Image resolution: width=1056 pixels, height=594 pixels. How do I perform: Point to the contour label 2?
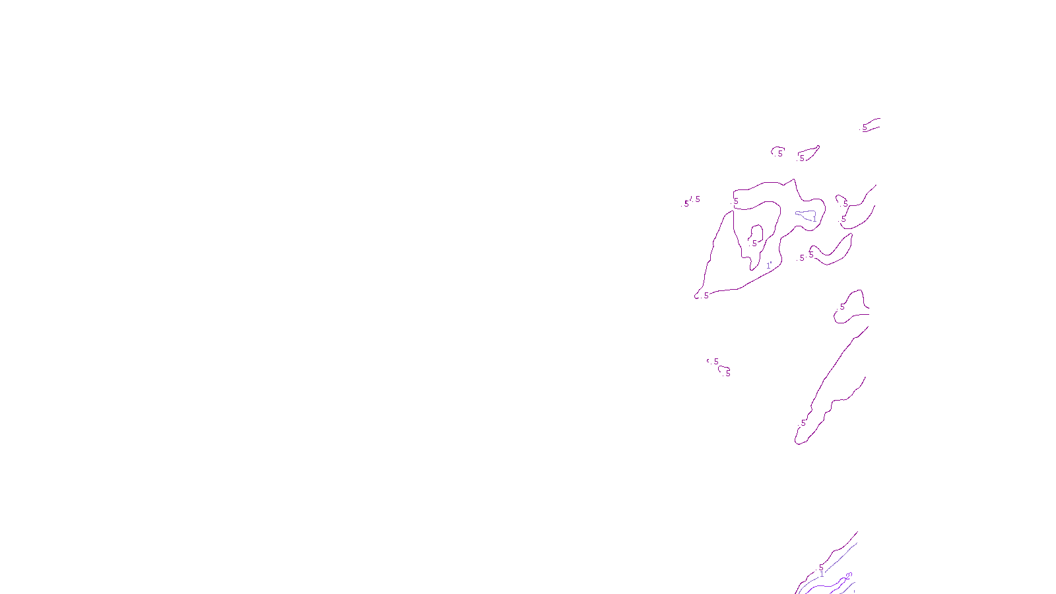[x=848, y=576]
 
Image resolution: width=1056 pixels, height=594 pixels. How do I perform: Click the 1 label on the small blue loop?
[x=814, y=218]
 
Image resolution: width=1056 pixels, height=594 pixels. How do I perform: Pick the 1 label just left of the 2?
[x=822, y=574]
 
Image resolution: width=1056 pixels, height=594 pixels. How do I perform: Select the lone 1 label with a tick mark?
[x=768, y=265]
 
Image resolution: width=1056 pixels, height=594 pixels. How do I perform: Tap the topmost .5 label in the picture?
[x=864, y=127]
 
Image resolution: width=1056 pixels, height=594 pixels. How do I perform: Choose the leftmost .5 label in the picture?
[x=685, y=204]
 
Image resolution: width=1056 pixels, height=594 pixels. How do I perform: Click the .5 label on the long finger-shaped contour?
[x=803, y=423]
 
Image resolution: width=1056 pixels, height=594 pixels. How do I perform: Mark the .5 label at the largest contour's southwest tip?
[x=706, y=296]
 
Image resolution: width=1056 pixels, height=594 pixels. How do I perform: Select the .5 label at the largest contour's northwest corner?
[x=735, y=201]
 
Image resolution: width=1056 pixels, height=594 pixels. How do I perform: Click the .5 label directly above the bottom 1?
[x=820, y=567]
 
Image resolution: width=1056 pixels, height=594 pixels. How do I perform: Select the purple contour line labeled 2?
[x=832, y=583]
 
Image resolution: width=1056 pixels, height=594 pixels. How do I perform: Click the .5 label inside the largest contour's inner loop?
[x=754, y=244]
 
